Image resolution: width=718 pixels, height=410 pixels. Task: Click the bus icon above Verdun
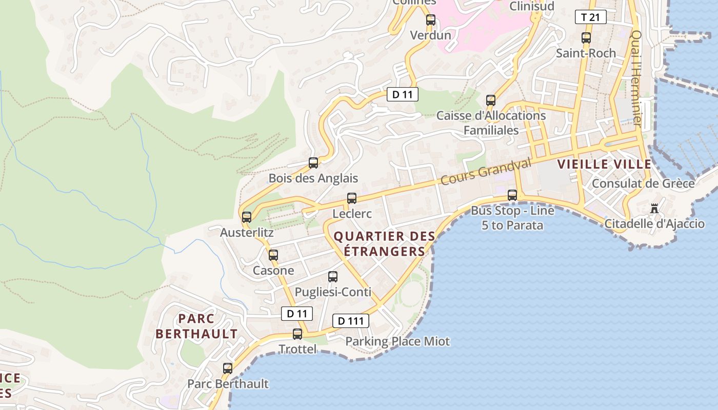(431, 20)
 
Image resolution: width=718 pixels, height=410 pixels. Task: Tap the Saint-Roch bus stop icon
(586, 37)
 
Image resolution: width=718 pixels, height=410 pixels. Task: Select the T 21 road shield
(590, 17)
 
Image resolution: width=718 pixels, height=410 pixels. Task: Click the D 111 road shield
(351, 321)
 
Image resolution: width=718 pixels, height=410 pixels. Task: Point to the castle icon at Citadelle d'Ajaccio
(654, 209)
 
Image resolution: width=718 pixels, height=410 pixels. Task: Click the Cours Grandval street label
(486, 172)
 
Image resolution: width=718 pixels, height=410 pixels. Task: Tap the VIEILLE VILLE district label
(604, 165)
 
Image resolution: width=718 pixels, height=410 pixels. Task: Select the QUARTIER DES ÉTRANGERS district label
(384, 244)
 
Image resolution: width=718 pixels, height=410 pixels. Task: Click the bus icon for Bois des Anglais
(313, 163)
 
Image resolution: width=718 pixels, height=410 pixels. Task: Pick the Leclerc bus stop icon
(352, 198)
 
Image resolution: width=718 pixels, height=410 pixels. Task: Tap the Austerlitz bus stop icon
(247, 217)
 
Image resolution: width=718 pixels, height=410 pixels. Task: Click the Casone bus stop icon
(273, 255)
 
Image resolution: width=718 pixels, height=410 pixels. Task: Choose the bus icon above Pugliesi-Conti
(333, 277)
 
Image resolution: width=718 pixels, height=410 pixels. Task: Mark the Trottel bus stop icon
(297, 334)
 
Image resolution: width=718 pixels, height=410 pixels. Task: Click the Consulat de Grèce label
(643, 183)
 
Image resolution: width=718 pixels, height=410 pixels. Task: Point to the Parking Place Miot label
(397, 341)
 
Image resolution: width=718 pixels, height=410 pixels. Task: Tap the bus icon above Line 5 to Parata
(512, 195)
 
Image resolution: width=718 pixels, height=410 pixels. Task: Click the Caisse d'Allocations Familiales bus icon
(491, 100)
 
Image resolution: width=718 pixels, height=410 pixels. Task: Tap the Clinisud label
(531, 6)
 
